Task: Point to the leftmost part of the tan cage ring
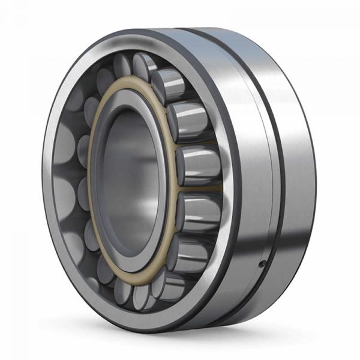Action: tap(91, 180)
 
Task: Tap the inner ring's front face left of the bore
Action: tap(98, 180)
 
